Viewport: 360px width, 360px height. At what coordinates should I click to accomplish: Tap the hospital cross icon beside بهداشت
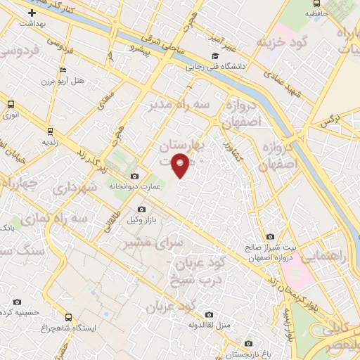32,13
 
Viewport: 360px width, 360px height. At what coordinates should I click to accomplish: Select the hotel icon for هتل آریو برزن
63,70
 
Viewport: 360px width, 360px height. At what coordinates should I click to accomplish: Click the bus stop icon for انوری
10,104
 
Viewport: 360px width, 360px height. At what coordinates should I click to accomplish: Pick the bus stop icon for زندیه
50,130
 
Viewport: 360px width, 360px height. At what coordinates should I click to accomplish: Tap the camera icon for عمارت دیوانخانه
134,176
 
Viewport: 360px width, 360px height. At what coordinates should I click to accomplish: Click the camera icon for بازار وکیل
141,209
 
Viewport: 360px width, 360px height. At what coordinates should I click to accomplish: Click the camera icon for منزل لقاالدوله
208,314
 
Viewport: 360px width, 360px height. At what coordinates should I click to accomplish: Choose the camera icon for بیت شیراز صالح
270,237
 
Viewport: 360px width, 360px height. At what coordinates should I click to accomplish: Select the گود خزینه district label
282,42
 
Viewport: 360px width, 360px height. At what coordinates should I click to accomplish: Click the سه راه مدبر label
179,104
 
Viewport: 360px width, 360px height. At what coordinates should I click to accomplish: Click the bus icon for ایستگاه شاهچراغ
68,317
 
